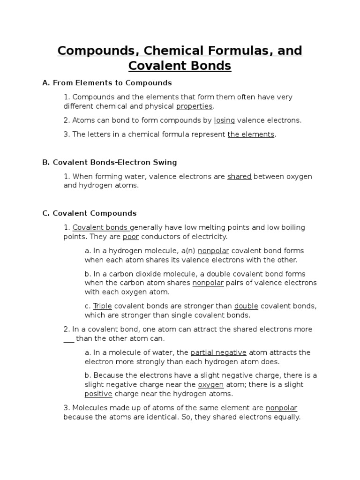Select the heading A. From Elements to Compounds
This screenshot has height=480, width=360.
pos(107,83)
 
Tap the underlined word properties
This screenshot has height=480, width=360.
pos(194,106)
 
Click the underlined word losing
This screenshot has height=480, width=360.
pos(225,120)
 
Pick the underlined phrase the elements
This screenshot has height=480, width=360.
pos(251,135)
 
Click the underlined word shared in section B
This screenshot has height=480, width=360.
pos(240,177)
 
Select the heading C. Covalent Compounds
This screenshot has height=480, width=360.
pos(89,213)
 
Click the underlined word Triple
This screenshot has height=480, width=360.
pos(103,306)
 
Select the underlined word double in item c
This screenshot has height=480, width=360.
pos(247,306)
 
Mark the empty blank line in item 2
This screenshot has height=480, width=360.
pos(69,338)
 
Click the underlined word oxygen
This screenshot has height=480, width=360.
pos(211,385)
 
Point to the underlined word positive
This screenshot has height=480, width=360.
pos(98,394)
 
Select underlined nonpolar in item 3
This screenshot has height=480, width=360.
pos(282,408)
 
